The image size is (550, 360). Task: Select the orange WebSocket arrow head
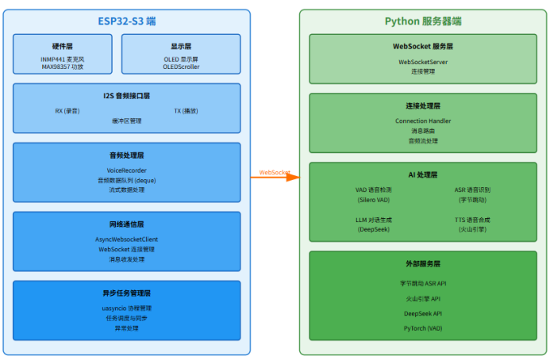pos(295,177)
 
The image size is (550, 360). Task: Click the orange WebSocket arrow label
pos(275,172)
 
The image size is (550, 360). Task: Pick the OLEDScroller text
pos(181,67)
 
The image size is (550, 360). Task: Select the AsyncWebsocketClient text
pos(127,239)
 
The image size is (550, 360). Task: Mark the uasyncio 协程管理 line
pos(127,308)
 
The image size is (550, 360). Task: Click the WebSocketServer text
pos(423,61)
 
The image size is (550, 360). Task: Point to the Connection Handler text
pos(423,121)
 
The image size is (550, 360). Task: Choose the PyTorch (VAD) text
pos(423,327)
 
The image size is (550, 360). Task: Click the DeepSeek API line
pos(423,313)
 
